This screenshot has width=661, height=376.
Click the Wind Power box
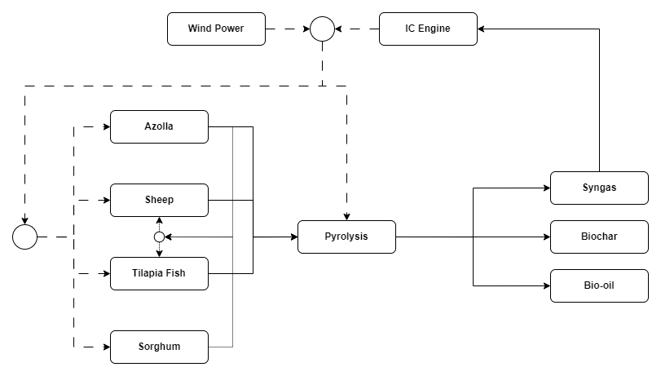(216, 29)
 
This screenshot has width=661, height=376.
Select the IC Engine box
(428, 29)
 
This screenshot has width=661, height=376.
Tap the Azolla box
(159, 126)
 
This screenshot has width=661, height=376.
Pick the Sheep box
(159, 200)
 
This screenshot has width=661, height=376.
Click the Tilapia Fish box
(159, 273)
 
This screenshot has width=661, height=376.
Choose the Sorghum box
(159, 347)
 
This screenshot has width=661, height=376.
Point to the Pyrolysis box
(346, 237)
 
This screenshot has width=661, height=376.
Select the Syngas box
(599, 188)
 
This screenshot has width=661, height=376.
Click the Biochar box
(599, 237)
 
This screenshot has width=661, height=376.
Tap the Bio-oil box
(599, 285)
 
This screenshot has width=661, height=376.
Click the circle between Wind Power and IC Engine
(322, 29)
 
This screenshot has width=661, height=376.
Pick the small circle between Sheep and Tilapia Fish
(159, 237)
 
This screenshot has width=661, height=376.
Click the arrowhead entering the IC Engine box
(482, 29)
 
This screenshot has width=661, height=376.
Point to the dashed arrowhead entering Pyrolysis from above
(346, 216)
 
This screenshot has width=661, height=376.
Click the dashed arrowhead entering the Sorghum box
(106, 347)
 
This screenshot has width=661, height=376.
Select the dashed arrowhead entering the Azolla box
(106, 126)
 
